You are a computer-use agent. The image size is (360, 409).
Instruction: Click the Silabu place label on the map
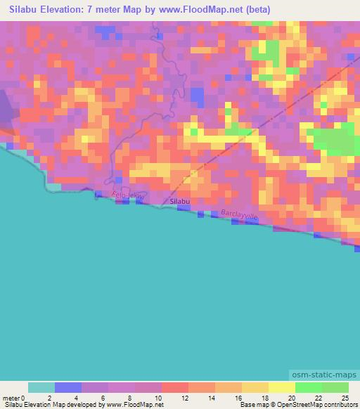(180, 202)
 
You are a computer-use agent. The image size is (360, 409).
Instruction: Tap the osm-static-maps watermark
(326, 377)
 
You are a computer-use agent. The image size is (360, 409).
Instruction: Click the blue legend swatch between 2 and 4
(68, 387)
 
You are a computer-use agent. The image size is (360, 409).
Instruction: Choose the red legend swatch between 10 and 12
(175, 387)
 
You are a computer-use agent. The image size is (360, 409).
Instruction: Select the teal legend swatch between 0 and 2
(41, 387)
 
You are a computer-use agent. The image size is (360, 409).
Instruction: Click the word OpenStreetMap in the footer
(295, 405)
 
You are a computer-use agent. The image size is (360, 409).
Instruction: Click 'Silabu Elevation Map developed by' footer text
(49, 405)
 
